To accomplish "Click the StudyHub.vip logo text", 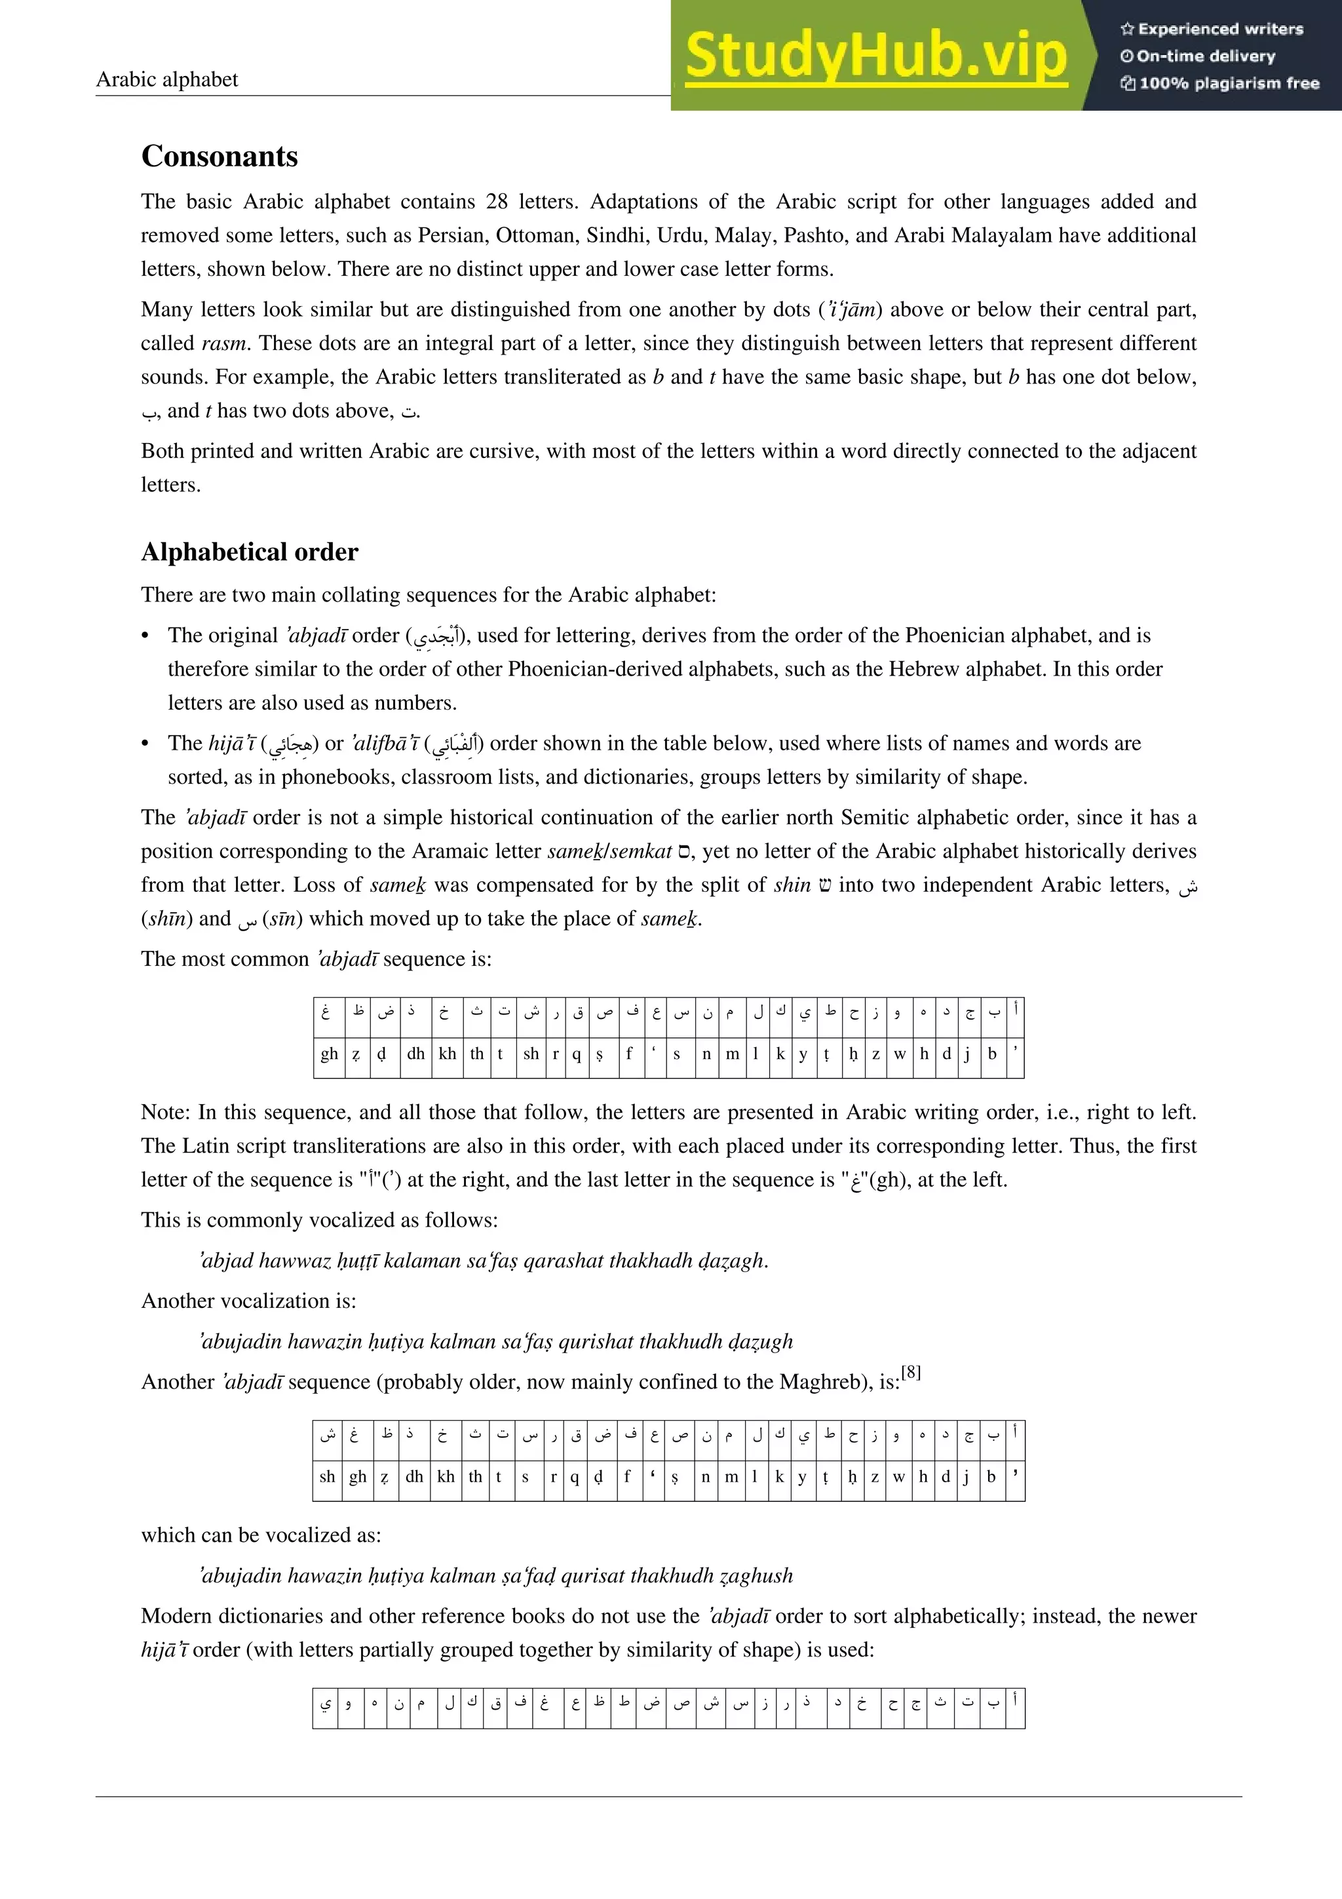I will [875, 56].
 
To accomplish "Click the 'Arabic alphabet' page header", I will [167, 79].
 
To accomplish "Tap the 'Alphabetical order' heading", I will [250, 552].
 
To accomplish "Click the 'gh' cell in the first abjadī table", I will [329, 1054].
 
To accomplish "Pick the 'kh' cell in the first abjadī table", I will [448, 1054].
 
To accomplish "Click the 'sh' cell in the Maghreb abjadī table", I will [328, 1476].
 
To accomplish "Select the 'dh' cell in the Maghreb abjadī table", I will [414, 1476].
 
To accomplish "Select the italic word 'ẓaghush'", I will [756, 1575].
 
